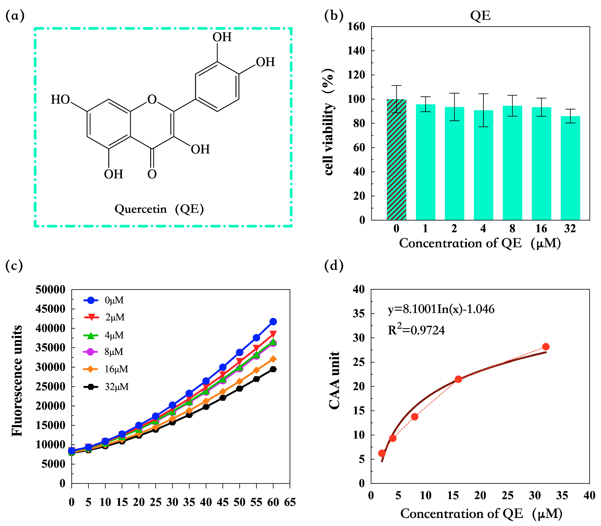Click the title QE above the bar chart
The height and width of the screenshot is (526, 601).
click(x=480, y=15)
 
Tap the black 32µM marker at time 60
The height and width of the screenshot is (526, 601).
click(x=273, y=369)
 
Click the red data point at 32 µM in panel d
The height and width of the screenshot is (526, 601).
click(x=545, y=347)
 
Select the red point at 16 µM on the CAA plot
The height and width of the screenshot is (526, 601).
click(x=458, y=379)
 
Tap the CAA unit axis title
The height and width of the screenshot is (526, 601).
click(x=334, y=380)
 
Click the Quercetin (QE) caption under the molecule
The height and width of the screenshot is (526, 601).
click(x=159, y=209)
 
